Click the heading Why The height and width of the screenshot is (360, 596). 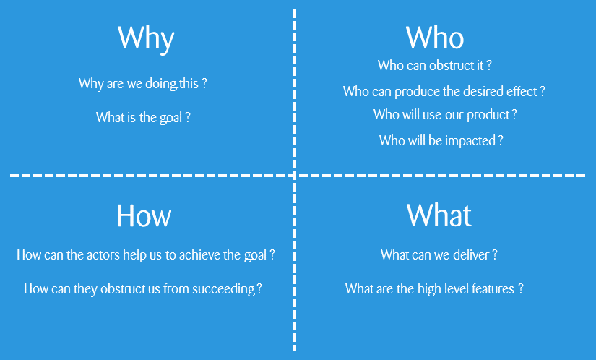(x=146, y=39)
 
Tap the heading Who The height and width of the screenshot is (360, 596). (x=435, y=38)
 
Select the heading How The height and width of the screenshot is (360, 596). (x=144, y=215)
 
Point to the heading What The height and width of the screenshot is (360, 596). (x=439, y=215)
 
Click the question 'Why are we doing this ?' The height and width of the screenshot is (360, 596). (x=142, y=84)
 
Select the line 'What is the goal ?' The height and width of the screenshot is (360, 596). (x=143, y=117)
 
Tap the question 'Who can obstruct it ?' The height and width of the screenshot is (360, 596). (x=434, y=65)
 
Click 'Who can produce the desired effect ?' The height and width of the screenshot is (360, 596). (x=444, y=92)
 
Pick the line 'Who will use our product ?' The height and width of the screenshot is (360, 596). (x=445, y=114)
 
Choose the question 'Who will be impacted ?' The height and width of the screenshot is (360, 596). (x=441, y=141)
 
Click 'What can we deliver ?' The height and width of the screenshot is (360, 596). (x=439, y=254)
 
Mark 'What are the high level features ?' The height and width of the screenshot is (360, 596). (x=434, y=289)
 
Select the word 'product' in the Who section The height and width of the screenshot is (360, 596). (x=488, y=115)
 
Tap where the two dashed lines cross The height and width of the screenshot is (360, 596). (x=295, y=176)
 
